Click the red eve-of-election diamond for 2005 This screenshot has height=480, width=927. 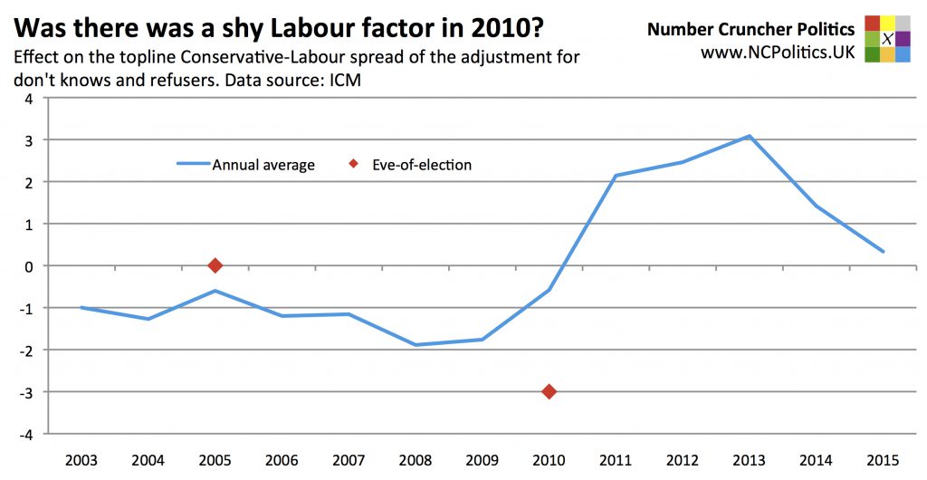215,265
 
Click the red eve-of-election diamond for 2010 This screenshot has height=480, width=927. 549,391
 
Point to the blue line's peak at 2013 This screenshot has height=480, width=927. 749,136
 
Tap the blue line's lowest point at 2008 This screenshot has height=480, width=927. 416,345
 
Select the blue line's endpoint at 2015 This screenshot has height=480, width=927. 883,252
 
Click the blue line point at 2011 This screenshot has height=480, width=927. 616,176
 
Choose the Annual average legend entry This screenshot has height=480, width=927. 245,165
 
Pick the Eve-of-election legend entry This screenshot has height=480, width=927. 411,165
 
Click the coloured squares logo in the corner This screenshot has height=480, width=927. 887,39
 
